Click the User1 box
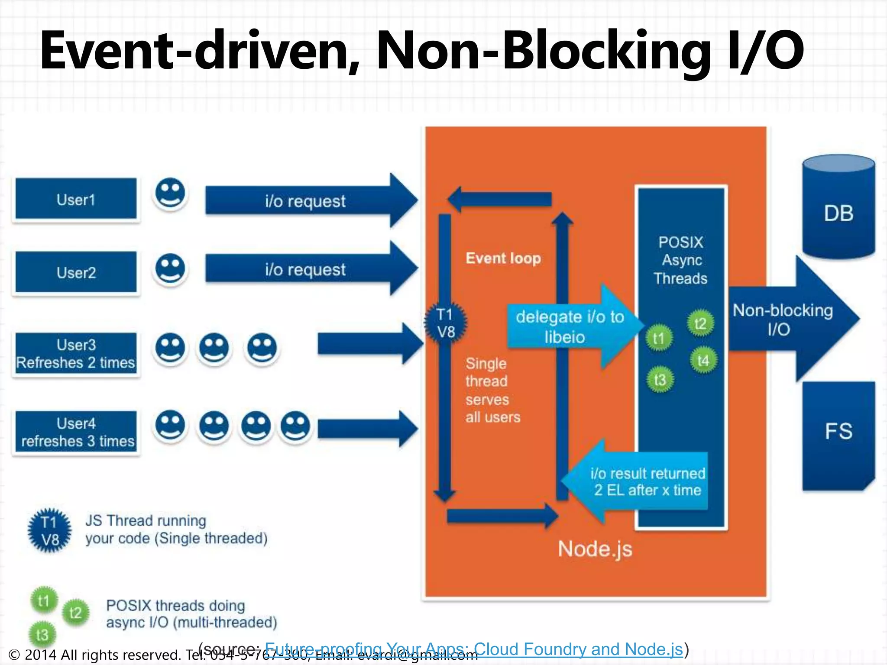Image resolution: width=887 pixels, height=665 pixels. [76, 199]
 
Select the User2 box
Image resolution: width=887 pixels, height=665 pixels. [76, 272]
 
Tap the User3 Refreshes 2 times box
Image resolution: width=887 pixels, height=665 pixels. [76, 353]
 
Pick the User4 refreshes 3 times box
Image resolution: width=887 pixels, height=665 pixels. [76, 432]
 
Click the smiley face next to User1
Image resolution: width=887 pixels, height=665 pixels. [170, 193]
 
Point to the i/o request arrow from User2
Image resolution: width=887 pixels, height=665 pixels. [305, 269]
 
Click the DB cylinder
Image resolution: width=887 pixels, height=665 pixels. [838, 208]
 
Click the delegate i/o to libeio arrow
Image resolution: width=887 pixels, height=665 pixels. [570, 327]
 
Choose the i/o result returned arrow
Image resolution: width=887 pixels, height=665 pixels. [641, 481]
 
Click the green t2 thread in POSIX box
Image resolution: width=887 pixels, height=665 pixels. [700, 323]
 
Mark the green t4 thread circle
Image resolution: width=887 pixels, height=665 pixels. [702, 360]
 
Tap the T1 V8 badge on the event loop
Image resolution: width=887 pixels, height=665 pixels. [446, 323]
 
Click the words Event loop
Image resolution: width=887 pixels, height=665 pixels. [503, 258]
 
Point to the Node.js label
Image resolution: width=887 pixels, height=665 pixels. [595, 549]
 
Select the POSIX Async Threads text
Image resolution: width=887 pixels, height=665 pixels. [680, 260]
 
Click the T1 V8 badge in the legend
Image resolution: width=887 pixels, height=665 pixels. [49, 531]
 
